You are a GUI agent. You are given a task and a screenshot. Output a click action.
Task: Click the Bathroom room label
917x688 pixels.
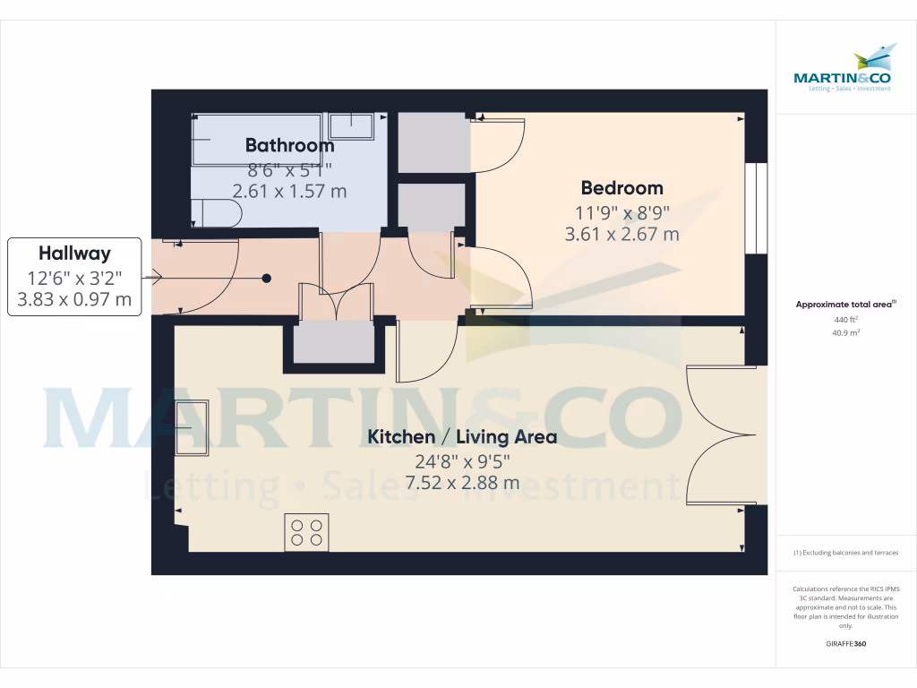pyautogui.click(x=289, y=145)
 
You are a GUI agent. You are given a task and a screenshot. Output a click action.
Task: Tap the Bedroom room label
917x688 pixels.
pyautogui.click(x=621, y=188)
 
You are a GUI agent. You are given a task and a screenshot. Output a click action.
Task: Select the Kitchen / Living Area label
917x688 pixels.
pyautogui.click(x=462, y=437)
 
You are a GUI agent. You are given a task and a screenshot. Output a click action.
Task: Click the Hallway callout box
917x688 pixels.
pyautogui.click(x=74, y=276)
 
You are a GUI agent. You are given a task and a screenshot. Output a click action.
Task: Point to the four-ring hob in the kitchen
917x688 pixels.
pyautogui.click(x=306, y=531)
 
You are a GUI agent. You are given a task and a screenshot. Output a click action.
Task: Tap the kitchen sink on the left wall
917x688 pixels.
pyautogui.click(x=192, y=427)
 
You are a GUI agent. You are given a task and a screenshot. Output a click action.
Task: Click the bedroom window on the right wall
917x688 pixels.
pyautogui.click(x=757, y=207)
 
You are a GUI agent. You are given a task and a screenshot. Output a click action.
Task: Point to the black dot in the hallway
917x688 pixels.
pyautogui.click(x=266, y=278)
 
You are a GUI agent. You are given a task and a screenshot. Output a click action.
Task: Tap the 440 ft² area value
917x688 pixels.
pyautogui.click(x=845, y=320)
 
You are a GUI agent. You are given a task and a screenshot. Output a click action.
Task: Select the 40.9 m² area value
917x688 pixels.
pyautogui.click(x=845, y=332)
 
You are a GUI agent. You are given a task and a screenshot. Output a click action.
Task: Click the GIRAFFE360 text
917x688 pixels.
pyautogui.click(x=845, y=644)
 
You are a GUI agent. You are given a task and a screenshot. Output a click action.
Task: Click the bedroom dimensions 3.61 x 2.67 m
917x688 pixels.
pyautogui.click(x=621, y=235)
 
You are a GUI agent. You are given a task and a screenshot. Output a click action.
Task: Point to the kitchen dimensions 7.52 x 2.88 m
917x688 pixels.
pyautogui.click(x=462, y=483)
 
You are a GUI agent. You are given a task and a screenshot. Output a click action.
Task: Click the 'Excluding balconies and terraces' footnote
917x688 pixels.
pyautogui.click(x=845, y=553)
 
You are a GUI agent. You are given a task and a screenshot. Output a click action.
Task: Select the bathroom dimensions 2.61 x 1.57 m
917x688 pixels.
pyautogui.click(x=289, y=191)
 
